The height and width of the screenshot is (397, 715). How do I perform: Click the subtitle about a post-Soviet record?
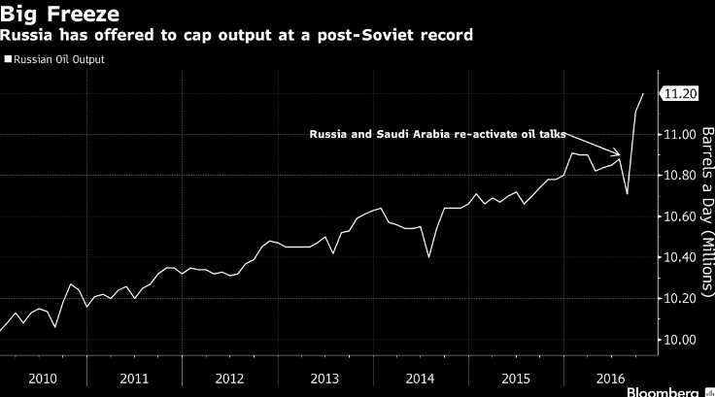coord(237,35)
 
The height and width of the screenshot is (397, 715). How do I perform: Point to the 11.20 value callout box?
coord(677,93)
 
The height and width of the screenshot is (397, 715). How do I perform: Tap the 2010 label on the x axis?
coord(43,378)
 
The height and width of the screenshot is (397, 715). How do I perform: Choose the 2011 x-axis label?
coord(135,378)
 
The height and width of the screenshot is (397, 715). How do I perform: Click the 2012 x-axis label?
coord(229,378)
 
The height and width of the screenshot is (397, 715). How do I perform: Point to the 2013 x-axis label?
coord(323,378)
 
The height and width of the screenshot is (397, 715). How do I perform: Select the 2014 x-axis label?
coord(420,378)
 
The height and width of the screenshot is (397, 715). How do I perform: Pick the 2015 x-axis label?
coord(515,378)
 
